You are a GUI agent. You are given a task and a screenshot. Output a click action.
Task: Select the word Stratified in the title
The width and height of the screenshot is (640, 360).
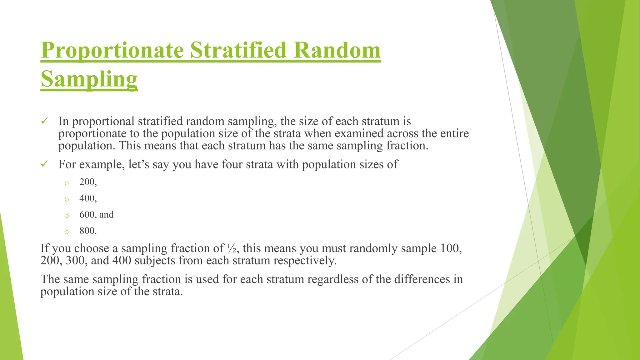[238, 50]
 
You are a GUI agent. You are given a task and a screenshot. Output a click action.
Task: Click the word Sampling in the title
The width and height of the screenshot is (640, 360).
[89, 79]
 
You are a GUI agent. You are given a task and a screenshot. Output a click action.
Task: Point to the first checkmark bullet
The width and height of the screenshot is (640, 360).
[44, 121]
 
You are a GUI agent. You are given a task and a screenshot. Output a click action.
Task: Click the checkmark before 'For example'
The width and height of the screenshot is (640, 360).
[44, 164]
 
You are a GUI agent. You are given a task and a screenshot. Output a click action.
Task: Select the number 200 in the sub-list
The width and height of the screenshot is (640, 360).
[87, 182]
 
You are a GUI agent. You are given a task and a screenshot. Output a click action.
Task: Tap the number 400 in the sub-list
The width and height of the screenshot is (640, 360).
[87, 198]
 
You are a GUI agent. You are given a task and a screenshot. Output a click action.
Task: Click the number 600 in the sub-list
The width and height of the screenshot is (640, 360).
[87, 214]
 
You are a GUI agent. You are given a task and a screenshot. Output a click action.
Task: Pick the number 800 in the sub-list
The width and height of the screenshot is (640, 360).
[87, 231]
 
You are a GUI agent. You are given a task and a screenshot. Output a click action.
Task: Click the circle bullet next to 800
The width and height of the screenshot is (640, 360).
[67, 232]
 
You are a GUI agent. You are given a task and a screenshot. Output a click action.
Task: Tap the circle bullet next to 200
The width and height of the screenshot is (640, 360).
[67, 183]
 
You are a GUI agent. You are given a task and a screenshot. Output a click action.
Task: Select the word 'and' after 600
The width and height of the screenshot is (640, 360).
[107, 215]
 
